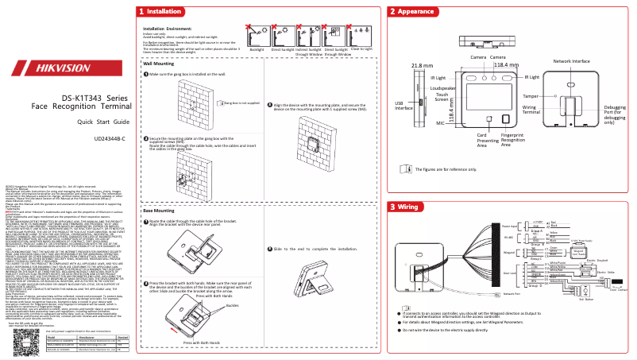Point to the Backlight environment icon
pyautogui.click(x=257, y=36)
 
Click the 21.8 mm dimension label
pyautogui.click(x=421, y=65)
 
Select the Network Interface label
pyautogui.click(x=571, y=61)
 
